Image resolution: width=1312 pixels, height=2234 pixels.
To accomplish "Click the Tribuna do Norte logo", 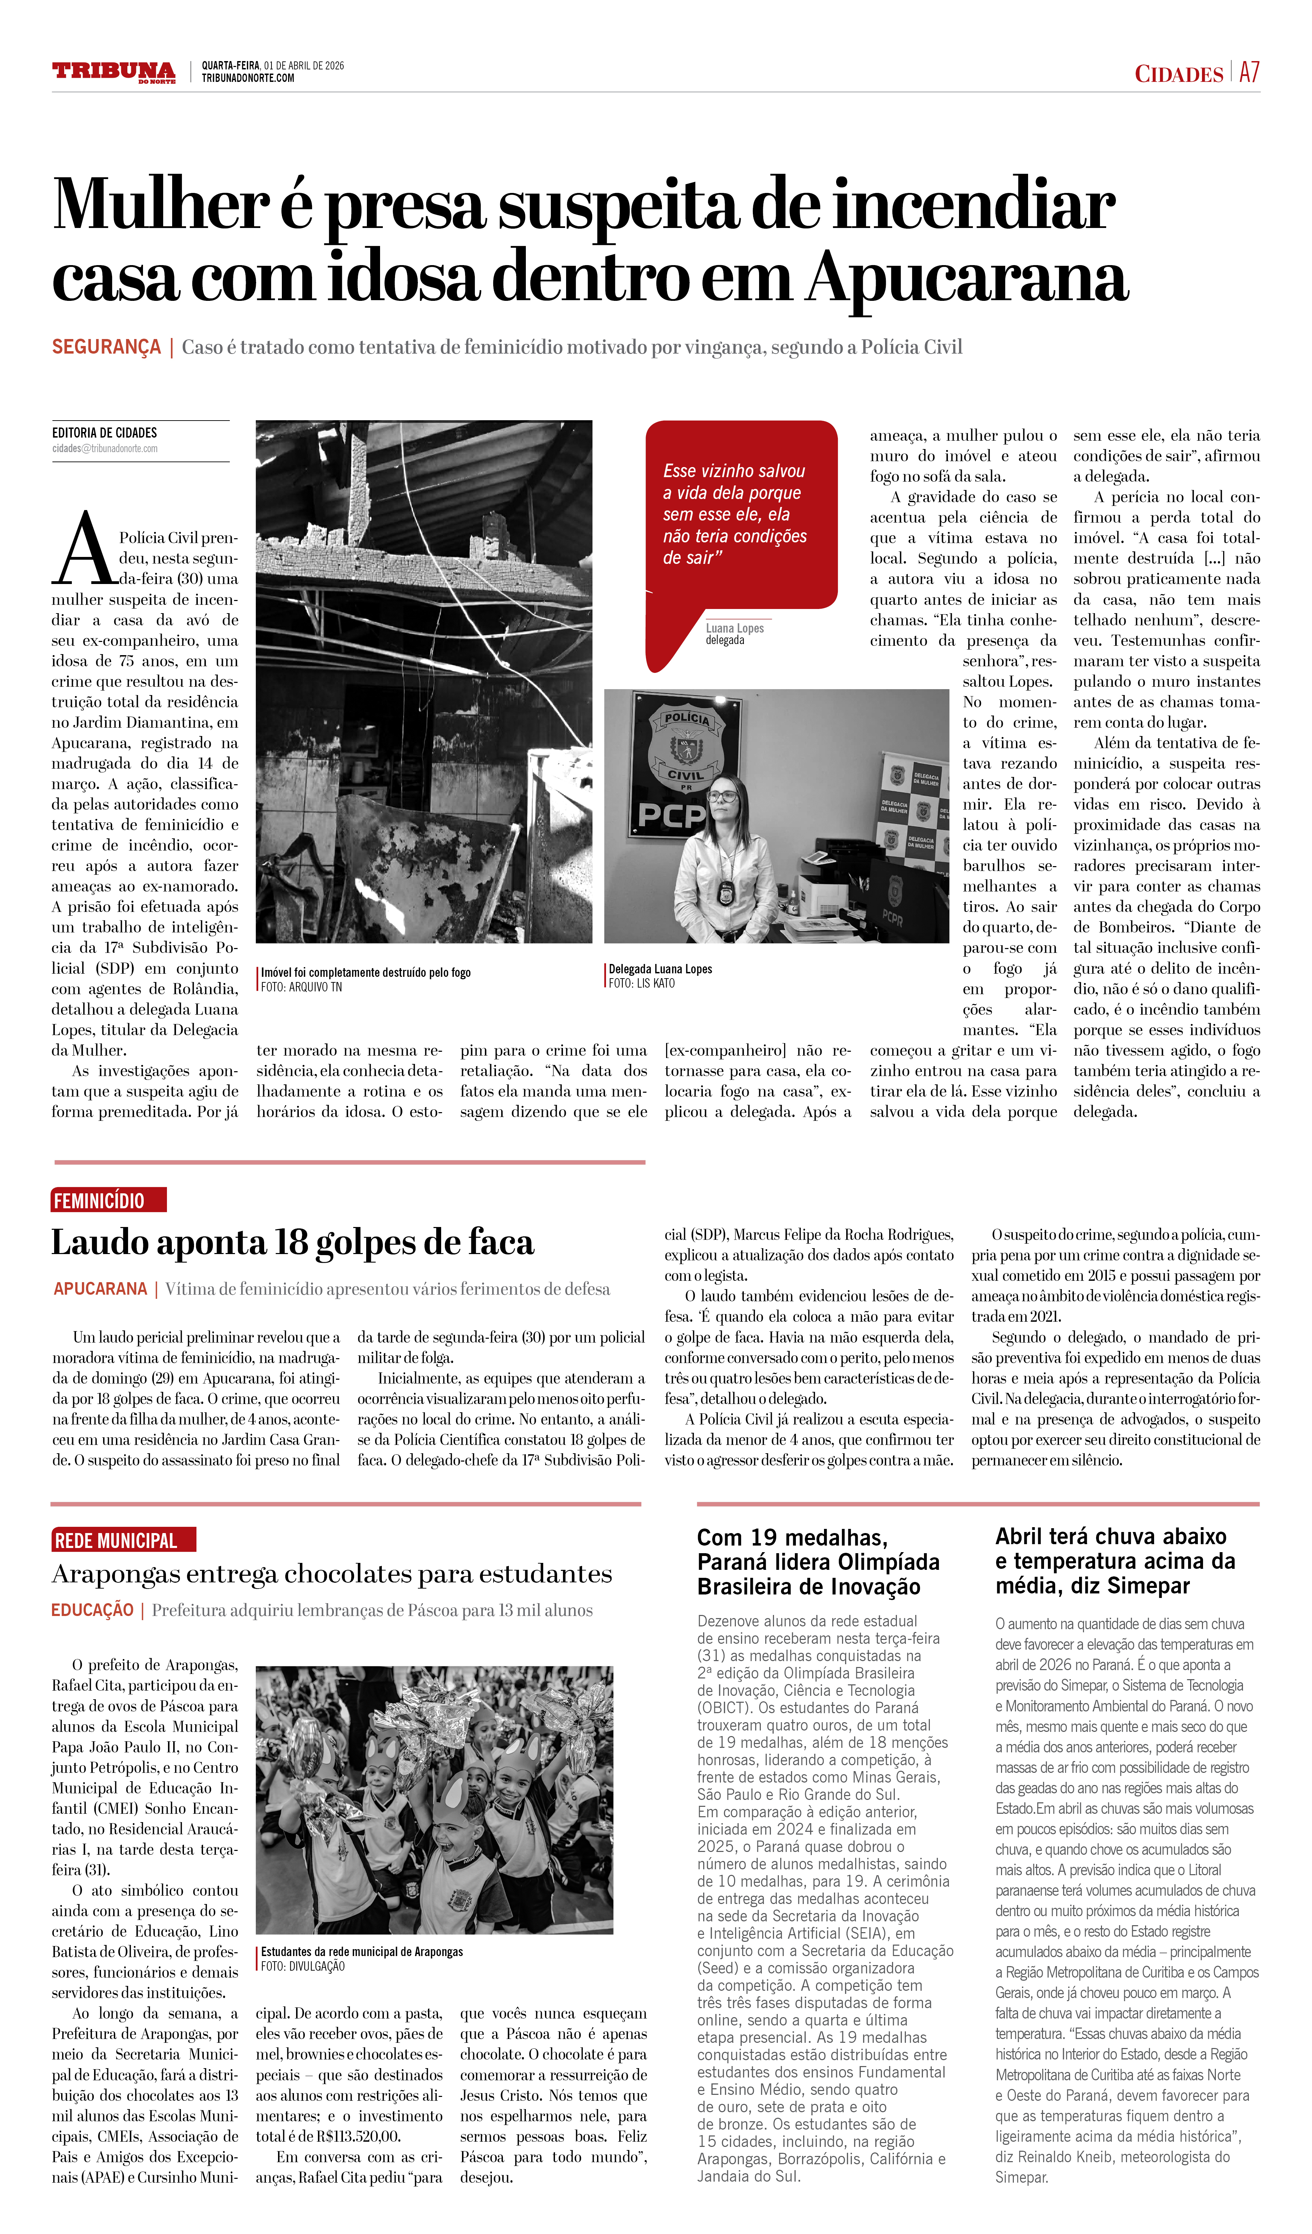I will pos(113,72).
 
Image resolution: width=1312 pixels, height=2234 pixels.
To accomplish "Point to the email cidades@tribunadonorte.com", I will pos(104,449).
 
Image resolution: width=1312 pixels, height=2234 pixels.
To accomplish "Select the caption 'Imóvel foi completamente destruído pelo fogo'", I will pos(365,973).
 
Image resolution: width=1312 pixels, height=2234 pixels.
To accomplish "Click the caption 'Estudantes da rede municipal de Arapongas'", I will pos(362,1952).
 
